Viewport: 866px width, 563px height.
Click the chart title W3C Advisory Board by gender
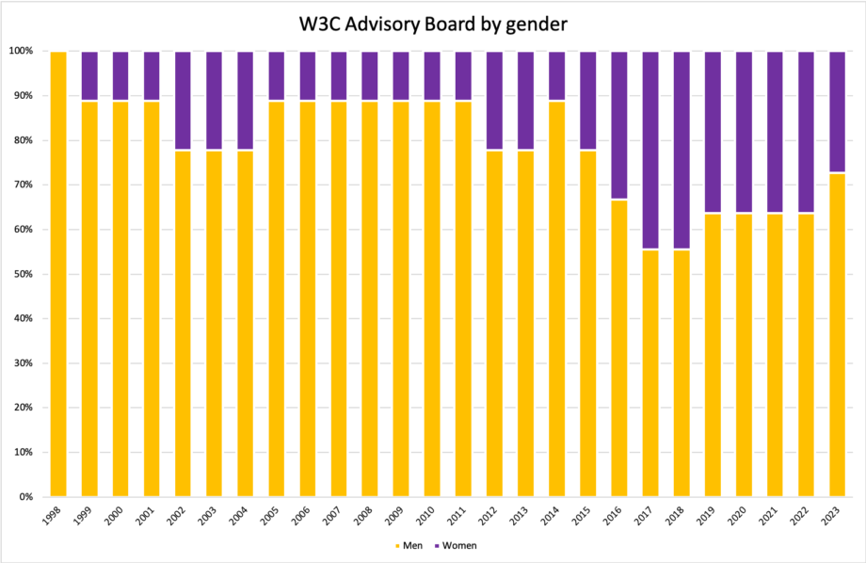coord(433,23)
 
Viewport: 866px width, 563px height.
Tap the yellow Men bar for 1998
coord(58,273)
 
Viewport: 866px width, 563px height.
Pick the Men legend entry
coord(409,545)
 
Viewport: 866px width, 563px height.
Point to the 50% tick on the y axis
coord(24,274)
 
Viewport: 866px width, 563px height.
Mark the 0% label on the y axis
coord(25,497)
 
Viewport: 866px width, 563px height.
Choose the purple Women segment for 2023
coord(838,112)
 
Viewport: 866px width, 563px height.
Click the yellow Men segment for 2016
coord(619,348)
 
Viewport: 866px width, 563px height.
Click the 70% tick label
coord(24,185)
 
